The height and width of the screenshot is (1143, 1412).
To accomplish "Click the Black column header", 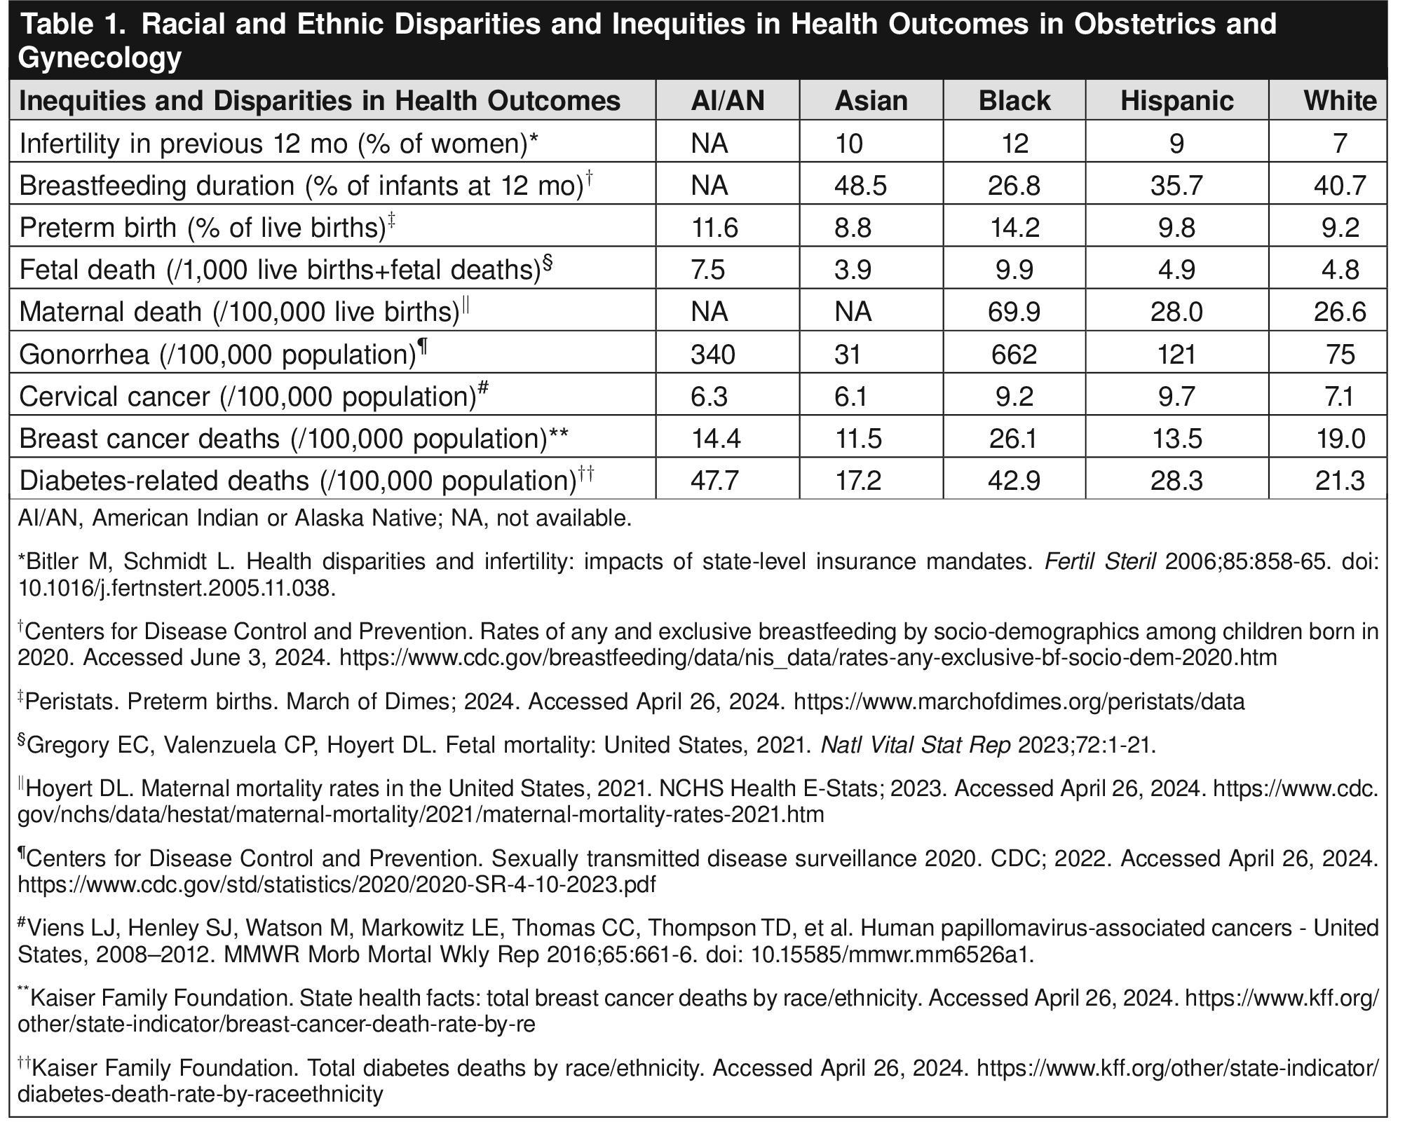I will coord(1014,101).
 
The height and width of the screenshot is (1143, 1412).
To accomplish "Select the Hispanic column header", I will coord(1176,101).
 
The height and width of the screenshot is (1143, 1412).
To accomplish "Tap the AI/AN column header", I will coord(727,101).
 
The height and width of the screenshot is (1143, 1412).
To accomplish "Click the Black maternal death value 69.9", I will coord(1014,312).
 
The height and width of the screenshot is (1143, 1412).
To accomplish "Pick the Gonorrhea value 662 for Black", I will coord(1014,354).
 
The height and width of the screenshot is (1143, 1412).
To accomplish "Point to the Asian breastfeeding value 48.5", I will coord(860,186).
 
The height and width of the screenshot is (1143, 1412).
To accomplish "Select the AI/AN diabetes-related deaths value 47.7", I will coord(714,481).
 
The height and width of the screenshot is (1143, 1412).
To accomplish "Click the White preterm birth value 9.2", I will coord(1340,228).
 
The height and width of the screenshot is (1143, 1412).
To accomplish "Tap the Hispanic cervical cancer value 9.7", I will coord(1176,396).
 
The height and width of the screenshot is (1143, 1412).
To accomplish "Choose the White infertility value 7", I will coord(1340,144).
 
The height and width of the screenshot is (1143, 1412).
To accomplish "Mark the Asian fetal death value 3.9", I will coord(853,270).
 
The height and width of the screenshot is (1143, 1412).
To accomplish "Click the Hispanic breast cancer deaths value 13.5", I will coord(1176,439).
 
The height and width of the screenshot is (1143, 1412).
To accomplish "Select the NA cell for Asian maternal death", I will coord(853,312).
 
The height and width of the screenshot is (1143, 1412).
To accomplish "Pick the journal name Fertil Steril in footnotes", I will coord(1100,561).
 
